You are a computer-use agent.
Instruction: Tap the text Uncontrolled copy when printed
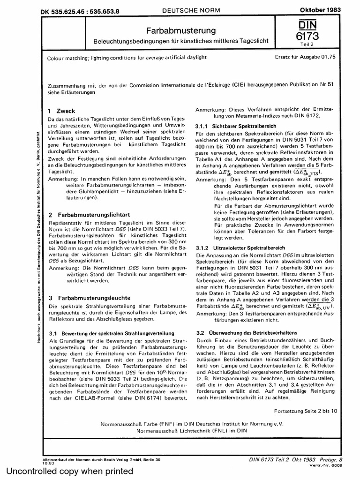coord(69,471)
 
